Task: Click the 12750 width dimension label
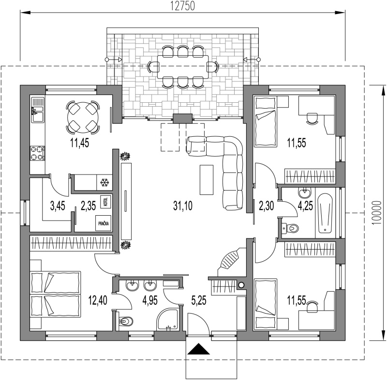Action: click(183, 6)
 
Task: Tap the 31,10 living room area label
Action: click(183, 206)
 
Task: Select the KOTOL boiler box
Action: click(105, 202)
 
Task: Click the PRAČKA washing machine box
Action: click(104, 223)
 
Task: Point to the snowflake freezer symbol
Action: click(104, 183)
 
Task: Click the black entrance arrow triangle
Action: click(199, 349)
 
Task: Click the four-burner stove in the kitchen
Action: click(38, 153)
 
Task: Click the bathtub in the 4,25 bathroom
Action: click(325, 214)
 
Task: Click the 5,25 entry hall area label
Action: click(199, 301)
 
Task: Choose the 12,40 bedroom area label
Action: click(98, 301)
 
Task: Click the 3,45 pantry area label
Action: click(58, 206)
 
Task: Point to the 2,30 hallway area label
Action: click(267, 206)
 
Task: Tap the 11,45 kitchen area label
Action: click(80, 143)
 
